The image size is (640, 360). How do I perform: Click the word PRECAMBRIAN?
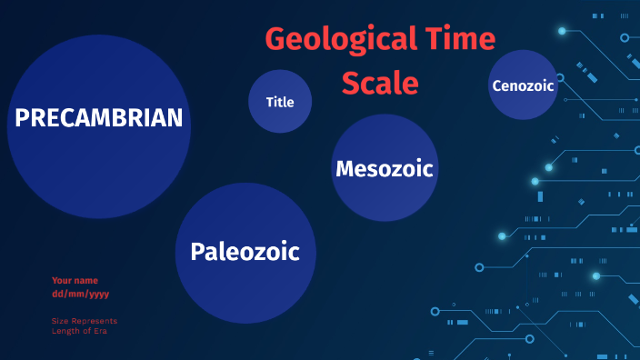tap(99, 118)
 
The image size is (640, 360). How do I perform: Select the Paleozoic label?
tap(245, 252)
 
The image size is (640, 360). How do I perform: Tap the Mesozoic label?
tap(384, 168)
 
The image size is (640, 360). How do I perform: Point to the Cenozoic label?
tap(522, 85)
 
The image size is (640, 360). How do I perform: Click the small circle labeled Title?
tap(280, 102)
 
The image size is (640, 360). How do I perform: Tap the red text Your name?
tap(75, 281)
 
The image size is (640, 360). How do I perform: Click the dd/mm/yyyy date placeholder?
tap(81, 294)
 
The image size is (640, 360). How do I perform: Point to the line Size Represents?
tap(85, 321)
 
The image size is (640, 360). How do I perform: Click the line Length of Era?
tap(80, 331)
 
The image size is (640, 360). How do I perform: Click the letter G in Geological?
tap(275, 40)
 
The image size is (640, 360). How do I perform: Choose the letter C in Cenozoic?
tap(496, 85)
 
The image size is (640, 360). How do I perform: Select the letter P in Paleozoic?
tap(197, 252)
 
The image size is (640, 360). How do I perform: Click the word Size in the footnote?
tap(59, 321)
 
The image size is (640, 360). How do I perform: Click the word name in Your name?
tap(86, 281)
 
